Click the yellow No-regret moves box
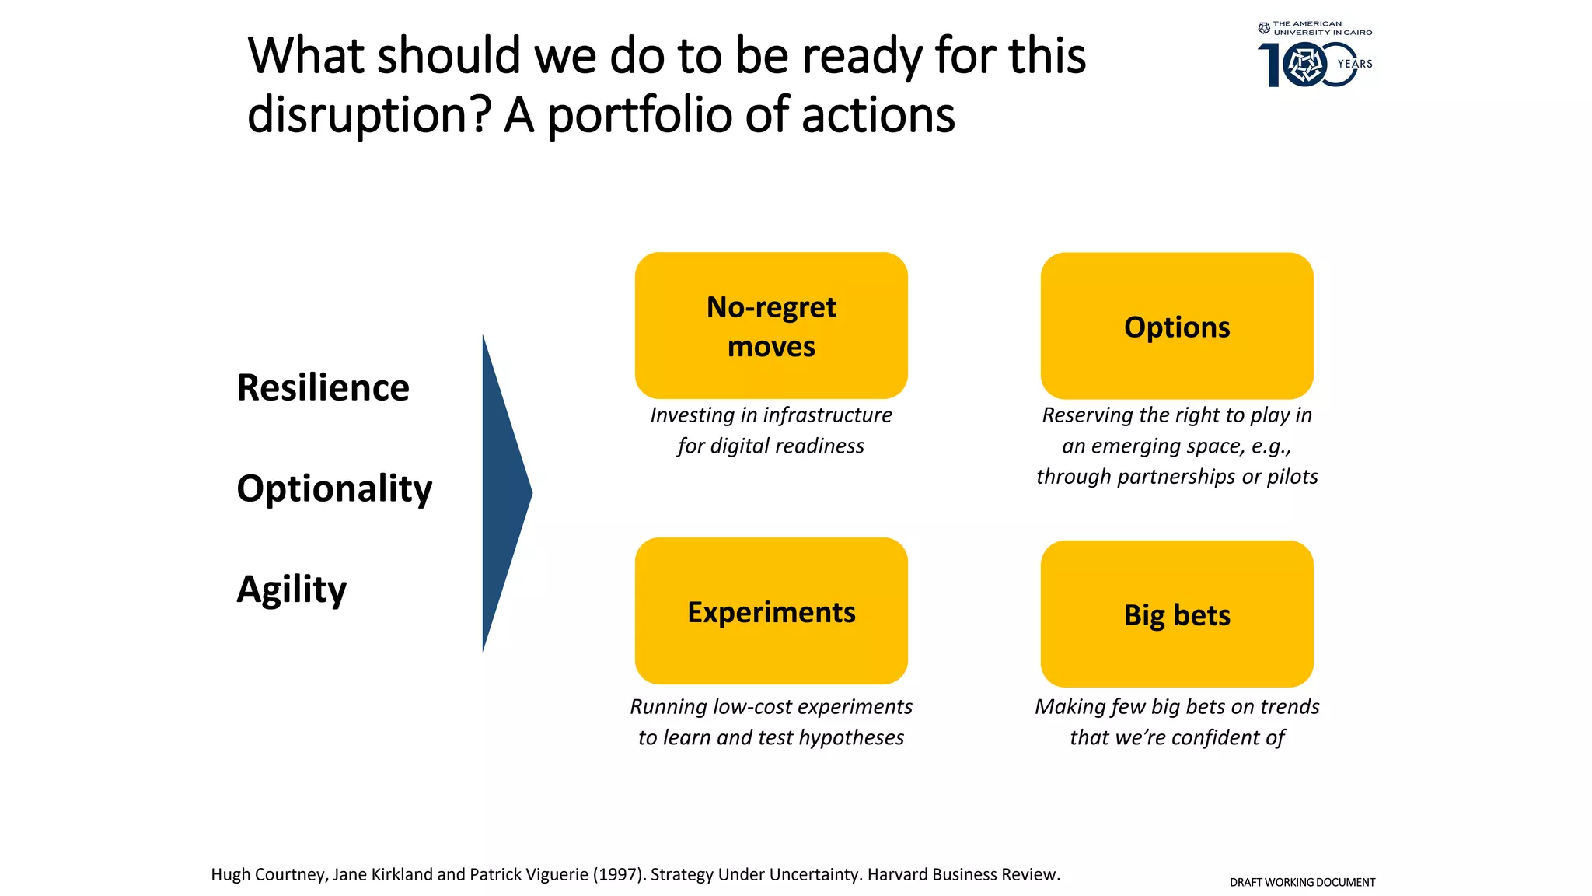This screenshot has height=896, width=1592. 771,325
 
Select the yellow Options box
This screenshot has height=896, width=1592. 1177,326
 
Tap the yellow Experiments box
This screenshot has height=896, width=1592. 771,611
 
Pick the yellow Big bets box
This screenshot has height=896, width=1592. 1177,614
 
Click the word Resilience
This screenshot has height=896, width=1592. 323,387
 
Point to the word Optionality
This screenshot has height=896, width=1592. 334,488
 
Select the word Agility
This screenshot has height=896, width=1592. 292,589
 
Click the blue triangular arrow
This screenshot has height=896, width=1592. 501,492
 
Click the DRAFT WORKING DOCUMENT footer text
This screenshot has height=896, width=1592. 1302,882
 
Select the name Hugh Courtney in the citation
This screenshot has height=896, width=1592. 268,874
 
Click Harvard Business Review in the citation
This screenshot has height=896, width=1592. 963,874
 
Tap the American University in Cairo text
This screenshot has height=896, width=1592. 1321,28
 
